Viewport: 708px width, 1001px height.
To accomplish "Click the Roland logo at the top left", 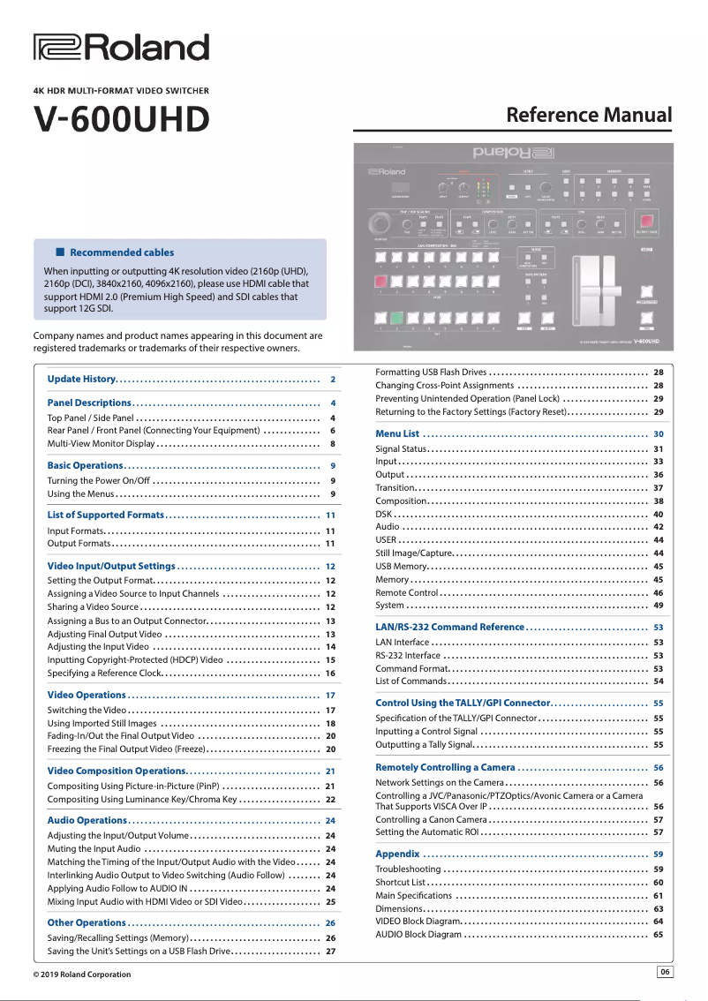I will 121,47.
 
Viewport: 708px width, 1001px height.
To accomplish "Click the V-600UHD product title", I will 121,118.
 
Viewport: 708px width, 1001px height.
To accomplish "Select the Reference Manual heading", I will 588,116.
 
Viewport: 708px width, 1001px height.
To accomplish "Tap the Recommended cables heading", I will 121,252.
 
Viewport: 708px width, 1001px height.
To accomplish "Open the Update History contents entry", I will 82,379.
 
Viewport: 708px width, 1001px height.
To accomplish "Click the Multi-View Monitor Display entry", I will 101,443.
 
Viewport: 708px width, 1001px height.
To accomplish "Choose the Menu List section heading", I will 397,433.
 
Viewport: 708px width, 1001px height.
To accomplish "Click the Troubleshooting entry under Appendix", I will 408,869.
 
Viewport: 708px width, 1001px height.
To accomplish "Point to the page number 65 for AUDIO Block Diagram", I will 658,934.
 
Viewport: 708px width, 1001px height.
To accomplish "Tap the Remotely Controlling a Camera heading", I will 445,767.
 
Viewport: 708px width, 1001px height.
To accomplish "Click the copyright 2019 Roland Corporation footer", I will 81,975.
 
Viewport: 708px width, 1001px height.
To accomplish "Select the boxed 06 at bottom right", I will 665,972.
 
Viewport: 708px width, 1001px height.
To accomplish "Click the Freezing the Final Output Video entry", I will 126,749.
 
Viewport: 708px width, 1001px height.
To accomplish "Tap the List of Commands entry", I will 410,681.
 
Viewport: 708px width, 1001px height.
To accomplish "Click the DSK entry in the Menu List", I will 383,514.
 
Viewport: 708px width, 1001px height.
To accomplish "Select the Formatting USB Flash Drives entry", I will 431,372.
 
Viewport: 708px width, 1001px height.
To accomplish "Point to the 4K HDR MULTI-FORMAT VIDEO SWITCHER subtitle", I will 121,90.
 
